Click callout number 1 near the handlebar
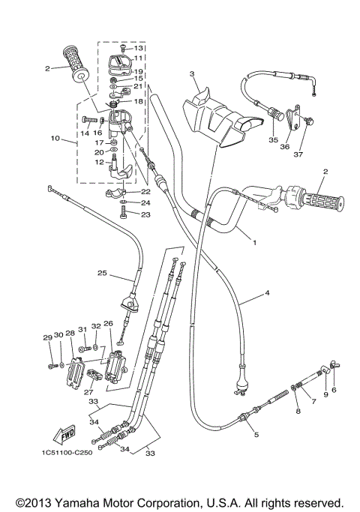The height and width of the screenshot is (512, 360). tap(253, 242)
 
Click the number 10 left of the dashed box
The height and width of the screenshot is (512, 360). tap(54, 139)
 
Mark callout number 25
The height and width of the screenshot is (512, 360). tap(102, 274)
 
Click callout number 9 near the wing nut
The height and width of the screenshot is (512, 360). tap(325, 393)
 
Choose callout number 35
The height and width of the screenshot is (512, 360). tap(273, 139)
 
